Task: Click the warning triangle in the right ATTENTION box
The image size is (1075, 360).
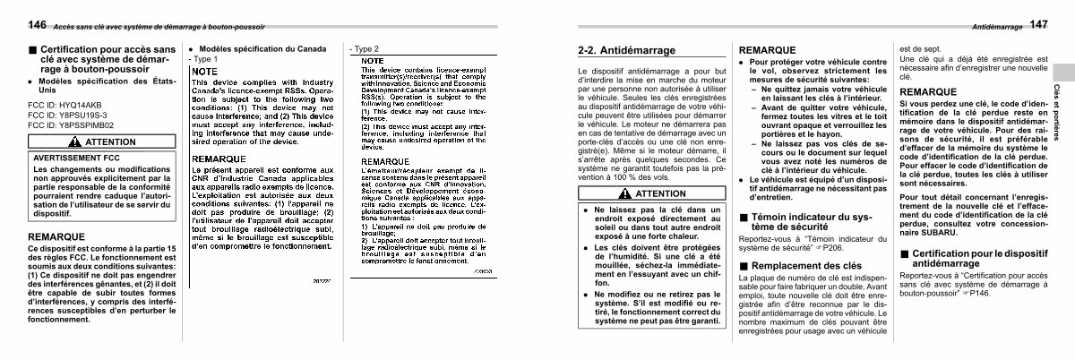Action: (625, 193)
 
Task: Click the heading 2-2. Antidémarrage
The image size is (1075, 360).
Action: (626, 50)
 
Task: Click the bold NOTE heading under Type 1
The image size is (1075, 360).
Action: (205, 70)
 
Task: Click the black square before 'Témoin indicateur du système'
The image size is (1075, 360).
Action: (743, 217)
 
